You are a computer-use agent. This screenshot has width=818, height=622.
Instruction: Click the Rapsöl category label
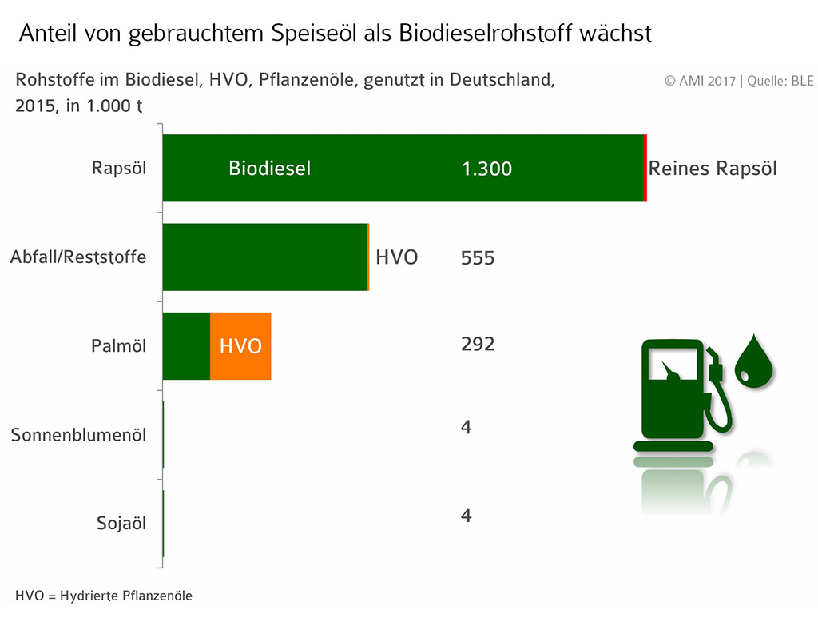pyautogui.click(x=119, y=169)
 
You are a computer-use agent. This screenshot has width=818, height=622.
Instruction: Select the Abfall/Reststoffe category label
pyautogui.click(x=78, y=257)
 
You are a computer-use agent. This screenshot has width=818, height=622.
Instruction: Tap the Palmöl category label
pyautogui.click(x=119, y=346)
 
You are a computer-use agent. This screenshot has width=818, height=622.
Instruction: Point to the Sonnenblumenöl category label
pyautogui.click(x=78, y=435)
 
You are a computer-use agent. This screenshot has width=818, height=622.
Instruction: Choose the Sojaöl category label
pyautogui.click(x=121, y=524)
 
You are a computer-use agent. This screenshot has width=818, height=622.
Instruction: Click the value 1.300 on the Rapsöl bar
pyautogui.click(x=486, y=169)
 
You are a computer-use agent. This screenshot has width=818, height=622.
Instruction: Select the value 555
pyautogui.click(x=478, y=258)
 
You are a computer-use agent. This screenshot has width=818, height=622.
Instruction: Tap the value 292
pyautogui.click(x=478, y=344)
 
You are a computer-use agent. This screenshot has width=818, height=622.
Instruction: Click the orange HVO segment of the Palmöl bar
pyautogui.click(x=240, y=346)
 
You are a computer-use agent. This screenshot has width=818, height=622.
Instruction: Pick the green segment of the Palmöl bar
pyautogui.click(x=186, y=346)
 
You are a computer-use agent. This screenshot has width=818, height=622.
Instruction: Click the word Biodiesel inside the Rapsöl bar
pyautogui.click(x=269, y=169)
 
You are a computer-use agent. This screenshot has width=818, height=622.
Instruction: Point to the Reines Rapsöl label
pyautogui.click(x=713, y=169)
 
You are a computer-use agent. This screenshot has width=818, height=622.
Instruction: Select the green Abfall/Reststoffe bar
pyautogui.click(x=264, y=257)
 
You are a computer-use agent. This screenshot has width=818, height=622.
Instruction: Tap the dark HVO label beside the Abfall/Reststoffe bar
pyautogui.click(x=397, y=257)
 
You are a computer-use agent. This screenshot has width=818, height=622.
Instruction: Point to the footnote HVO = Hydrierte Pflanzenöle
pyautogui.click(x=104, y=596)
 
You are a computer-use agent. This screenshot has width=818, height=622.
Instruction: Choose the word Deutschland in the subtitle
pyautogui.click(x=502, y=81)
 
